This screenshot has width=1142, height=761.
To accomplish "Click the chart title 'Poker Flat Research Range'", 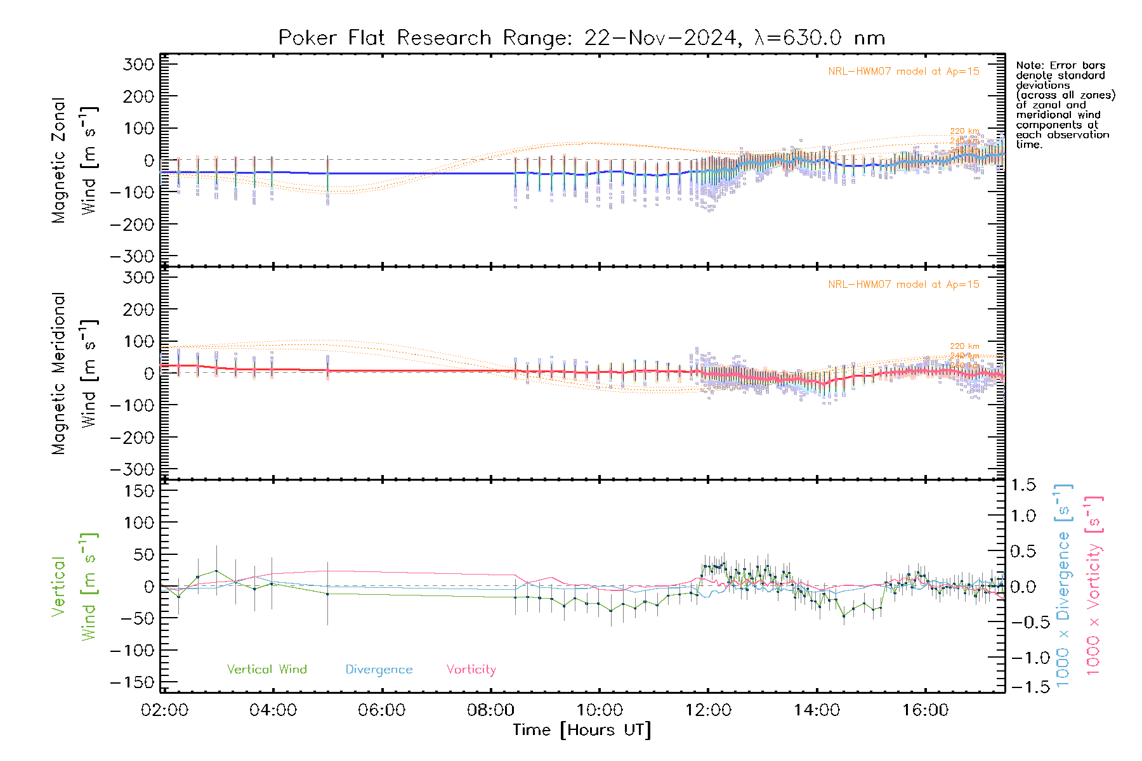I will click(384, 38).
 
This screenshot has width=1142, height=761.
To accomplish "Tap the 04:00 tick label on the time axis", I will click(273, 710).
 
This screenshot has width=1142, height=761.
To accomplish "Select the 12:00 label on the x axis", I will click(708, 710).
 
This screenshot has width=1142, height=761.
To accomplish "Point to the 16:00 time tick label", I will click(925, 710).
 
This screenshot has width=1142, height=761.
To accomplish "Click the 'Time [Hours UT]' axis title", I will click(582, 730).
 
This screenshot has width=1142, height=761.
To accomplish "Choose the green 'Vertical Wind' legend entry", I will click(266, 670).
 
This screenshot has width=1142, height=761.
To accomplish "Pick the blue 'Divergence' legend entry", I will click(379, 670).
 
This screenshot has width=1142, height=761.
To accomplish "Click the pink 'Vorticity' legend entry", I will click(471, 670).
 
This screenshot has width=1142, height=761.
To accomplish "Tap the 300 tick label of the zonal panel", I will click(139, 64).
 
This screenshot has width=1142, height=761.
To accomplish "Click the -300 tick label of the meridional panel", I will click(133, 470).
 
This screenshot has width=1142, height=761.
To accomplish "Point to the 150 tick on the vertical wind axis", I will click(139, 491).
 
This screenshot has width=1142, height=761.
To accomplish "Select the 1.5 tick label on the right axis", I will click(1023, 485).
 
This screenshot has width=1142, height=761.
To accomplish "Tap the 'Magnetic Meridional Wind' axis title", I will click(75, 374).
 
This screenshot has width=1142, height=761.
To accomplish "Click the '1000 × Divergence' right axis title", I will click(1063, 586).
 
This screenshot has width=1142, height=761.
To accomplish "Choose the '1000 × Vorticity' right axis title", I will click(1094, 586).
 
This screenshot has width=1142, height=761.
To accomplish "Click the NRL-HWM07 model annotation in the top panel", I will click(903, 72).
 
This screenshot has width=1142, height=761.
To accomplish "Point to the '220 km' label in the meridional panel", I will click(964, 346).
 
